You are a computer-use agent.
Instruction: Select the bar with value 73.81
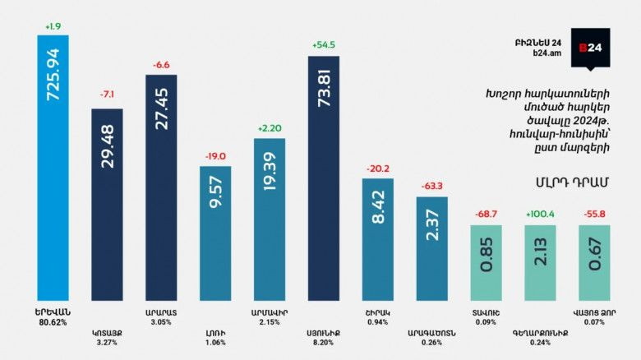324,178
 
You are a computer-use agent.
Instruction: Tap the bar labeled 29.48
107,204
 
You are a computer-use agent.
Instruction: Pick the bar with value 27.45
161,187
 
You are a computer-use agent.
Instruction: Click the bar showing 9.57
215,233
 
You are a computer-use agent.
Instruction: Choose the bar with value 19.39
269,219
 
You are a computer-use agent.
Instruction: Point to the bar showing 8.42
378,238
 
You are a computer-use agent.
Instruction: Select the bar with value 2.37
431,247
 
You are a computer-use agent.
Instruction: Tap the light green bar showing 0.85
486,262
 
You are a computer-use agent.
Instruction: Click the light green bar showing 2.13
540,262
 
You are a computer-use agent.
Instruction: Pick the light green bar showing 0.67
594,262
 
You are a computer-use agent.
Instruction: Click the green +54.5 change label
324,44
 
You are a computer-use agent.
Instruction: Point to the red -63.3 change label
431,186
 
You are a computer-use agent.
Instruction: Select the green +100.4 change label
540,215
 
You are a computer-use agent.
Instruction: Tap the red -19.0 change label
215,155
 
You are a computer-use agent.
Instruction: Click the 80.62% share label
53,322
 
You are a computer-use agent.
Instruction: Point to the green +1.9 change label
53,25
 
